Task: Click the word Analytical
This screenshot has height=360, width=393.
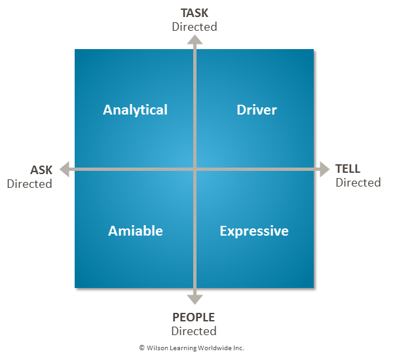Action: point(135,110)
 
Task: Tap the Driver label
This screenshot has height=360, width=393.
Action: point(257,110)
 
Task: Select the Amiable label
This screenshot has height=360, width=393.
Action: point(136,231)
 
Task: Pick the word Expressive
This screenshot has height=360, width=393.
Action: point(254,231)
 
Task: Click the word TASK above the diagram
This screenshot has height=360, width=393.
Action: point(195,12)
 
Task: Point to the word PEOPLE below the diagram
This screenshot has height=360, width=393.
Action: point(194,318)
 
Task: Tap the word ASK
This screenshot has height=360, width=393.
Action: point(41,170)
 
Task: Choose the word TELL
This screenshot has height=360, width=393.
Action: point(348,169)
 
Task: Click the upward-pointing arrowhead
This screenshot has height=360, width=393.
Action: point(195,40)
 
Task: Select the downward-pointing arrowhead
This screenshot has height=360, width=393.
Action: point(195,299)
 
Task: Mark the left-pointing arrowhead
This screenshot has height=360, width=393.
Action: point(65,170)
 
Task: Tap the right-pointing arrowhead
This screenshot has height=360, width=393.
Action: point(324,170)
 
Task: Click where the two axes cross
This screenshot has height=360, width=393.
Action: point(195,170)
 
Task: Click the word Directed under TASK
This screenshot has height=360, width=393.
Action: point(195,27)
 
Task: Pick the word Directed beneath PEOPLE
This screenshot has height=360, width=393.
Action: point(194,331)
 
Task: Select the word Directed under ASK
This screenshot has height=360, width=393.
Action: point(29,184)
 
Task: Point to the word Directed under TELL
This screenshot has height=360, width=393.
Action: point(358,183)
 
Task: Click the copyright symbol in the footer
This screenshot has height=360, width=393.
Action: point(141,348)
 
